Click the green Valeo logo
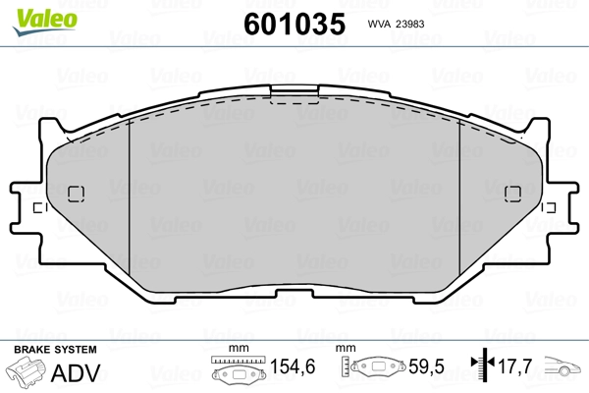pos(45,22)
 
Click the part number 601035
pos(294,24)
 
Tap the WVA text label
pos(379,24)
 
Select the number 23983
pos(410,24)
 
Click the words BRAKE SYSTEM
pos(55,350)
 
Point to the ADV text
pos(76,372)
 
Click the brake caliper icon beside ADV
pos(26,372)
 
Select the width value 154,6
pos(293,366)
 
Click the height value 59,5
pos(426,366)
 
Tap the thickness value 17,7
pos(514,365)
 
